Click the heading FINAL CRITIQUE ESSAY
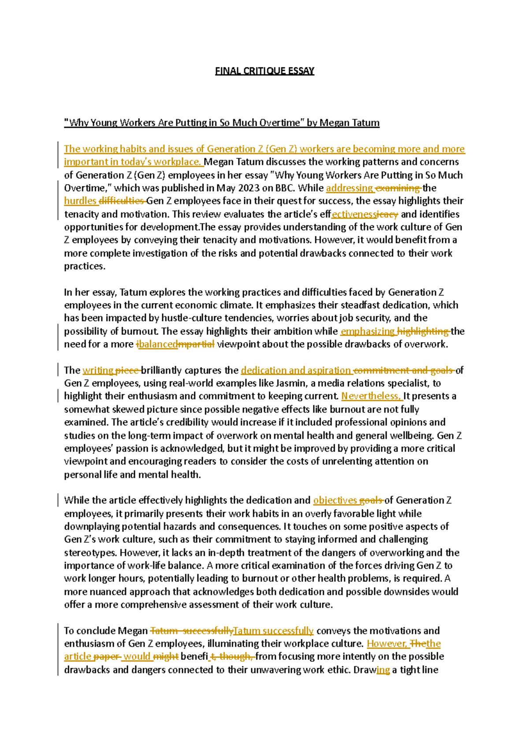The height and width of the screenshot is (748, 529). [264, 71]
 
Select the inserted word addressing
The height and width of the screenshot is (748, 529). [349, 188]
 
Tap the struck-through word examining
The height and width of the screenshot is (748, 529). [399, 188]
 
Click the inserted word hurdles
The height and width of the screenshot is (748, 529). [80, 201]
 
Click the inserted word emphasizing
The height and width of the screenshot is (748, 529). [368, 331]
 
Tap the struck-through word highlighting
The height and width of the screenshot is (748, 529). [423, 331]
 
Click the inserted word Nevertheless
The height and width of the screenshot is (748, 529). [371, 396]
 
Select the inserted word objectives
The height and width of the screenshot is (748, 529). [335, 500]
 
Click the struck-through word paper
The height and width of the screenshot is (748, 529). [107, 657]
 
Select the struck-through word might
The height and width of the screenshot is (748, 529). [166, 657]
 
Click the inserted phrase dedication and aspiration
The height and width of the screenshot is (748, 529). [296, 370]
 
